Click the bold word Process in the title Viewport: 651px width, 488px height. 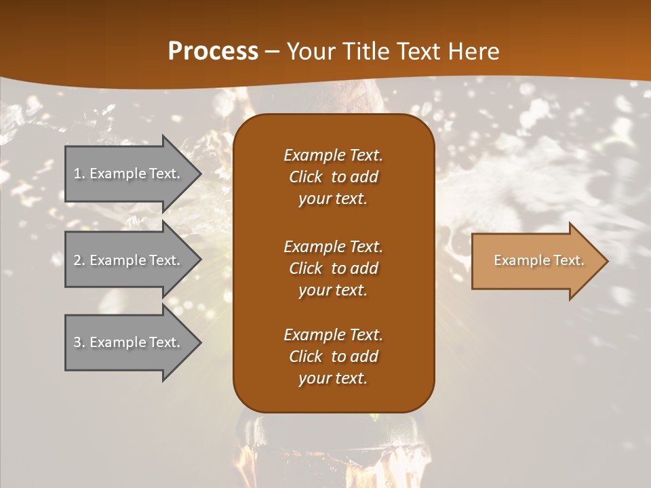[213, 51]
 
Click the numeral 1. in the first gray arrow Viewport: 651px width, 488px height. [79, 174]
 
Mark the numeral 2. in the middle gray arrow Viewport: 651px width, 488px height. [79, 260]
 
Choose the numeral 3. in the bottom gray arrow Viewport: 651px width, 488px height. [79, 342]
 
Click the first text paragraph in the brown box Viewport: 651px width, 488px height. [333, 177]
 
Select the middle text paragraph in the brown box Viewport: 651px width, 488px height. [333, 268]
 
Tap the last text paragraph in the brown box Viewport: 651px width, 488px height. [333, 357]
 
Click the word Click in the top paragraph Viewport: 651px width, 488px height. [305, 177]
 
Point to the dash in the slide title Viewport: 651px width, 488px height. [272, 52]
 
